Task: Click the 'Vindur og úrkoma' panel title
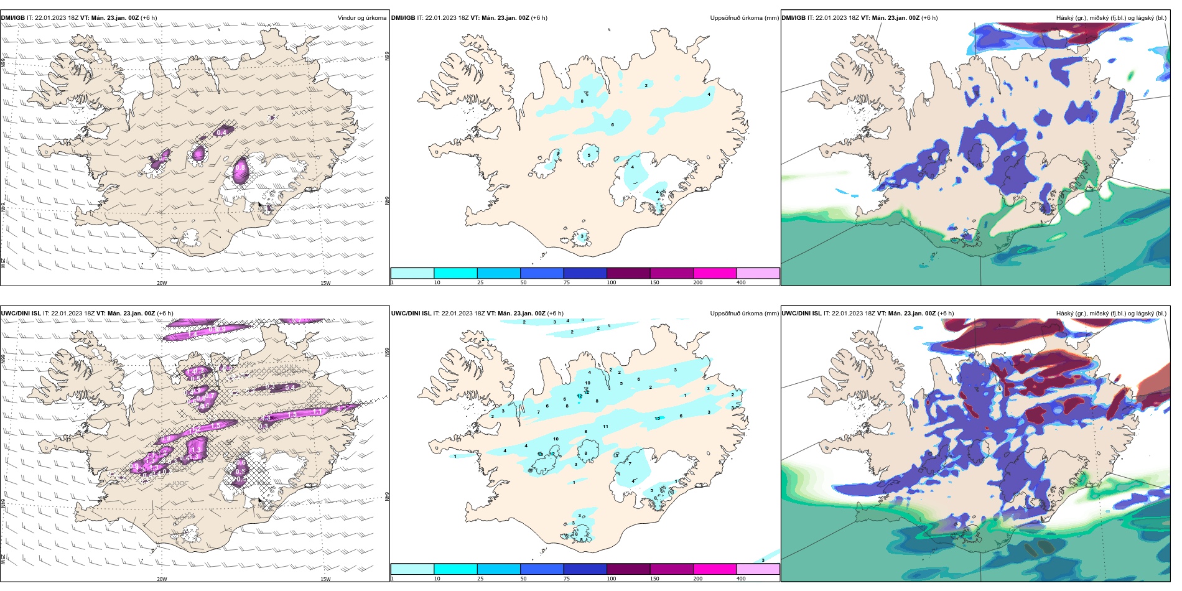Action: tap(361, 18)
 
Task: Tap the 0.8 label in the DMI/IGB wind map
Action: tap(240, 167)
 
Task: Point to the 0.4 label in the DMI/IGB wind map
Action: tap(221, 133)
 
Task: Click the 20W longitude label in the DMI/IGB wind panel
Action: tap(162, 283)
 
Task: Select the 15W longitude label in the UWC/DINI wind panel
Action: tap(325, 579)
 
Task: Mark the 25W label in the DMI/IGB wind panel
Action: tap(3, 263)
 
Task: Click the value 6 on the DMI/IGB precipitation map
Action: tap(613, 125)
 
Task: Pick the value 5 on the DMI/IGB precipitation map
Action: tap(589, 156)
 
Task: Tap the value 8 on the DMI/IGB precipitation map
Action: tap(582, 101)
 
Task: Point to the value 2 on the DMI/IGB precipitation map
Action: tap(646, 85)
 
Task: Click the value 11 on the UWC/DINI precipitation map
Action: tap(605, 427)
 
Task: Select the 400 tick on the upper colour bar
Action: tap(741, 282)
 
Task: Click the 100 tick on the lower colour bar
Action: tap(612, 579)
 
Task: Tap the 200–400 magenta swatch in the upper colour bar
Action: tap(715, 273)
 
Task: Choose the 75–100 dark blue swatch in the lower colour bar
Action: tap(585, 569)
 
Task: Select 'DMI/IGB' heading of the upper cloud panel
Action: tap(793, 18)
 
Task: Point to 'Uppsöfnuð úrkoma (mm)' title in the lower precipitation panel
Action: tap(744, 314)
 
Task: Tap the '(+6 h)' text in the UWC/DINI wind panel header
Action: tap(165, 314)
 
